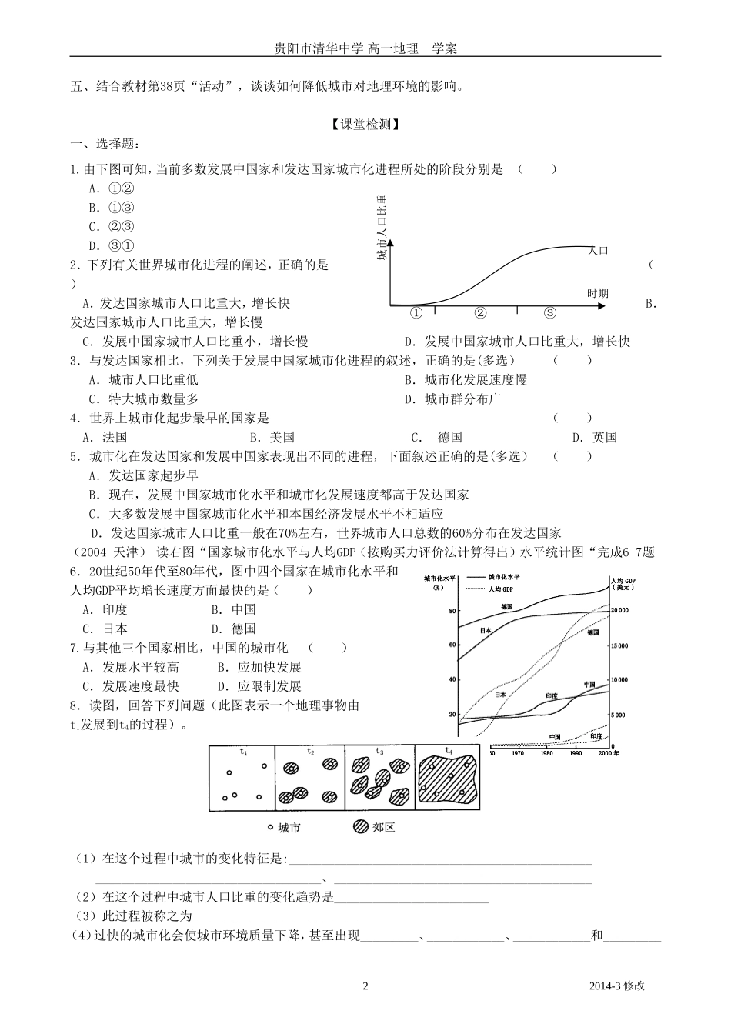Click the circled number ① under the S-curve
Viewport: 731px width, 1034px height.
416,313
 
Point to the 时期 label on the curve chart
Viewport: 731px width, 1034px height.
597,293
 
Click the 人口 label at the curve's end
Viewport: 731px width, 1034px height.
598,251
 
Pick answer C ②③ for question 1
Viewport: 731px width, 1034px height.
112,226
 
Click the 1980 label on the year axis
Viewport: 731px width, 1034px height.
546,754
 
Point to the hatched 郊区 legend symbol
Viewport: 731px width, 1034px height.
359,827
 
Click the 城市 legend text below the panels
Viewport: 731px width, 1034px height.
289,828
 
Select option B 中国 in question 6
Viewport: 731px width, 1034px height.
234,609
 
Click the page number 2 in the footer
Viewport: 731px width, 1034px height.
365,986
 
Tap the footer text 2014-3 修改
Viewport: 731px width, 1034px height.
616,986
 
